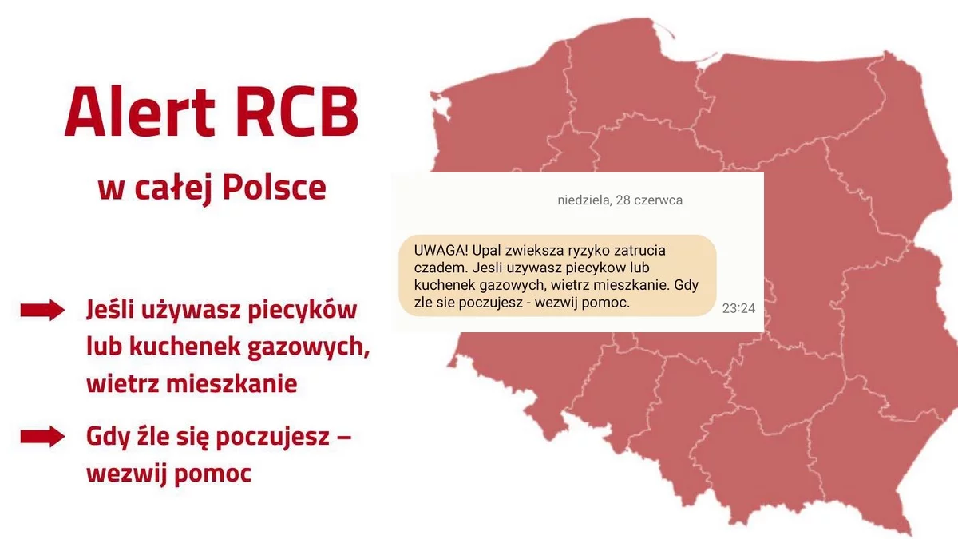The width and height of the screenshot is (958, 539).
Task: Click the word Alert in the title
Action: click(x=140, y=111)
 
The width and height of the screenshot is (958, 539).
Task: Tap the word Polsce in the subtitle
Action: click(x=274, y=188)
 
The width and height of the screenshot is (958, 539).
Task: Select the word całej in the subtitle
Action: click(x=174, y=189)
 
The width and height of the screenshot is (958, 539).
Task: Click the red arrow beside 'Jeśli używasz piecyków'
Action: click(x=43, y=310)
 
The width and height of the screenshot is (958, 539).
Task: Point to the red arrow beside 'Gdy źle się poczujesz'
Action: click(x=43, y=436)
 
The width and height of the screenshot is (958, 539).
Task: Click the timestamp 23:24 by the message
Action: click(x=738, y=308)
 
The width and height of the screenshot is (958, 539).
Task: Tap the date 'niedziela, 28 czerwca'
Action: click(x=620, y=200)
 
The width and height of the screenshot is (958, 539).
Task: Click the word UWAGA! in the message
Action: click(x=441, y=250)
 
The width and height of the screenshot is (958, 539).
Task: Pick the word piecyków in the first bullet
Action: click(x=303, y=311)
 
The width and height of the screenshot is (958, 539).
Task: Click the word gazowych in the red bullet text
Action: click(x=309, y=347)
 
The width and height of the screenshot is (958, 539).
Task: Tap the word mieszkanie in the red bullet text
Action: click(x=232, y=383)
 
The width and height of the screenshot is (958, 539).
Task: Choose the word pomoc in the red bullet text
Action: click(x=212, y=474)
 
